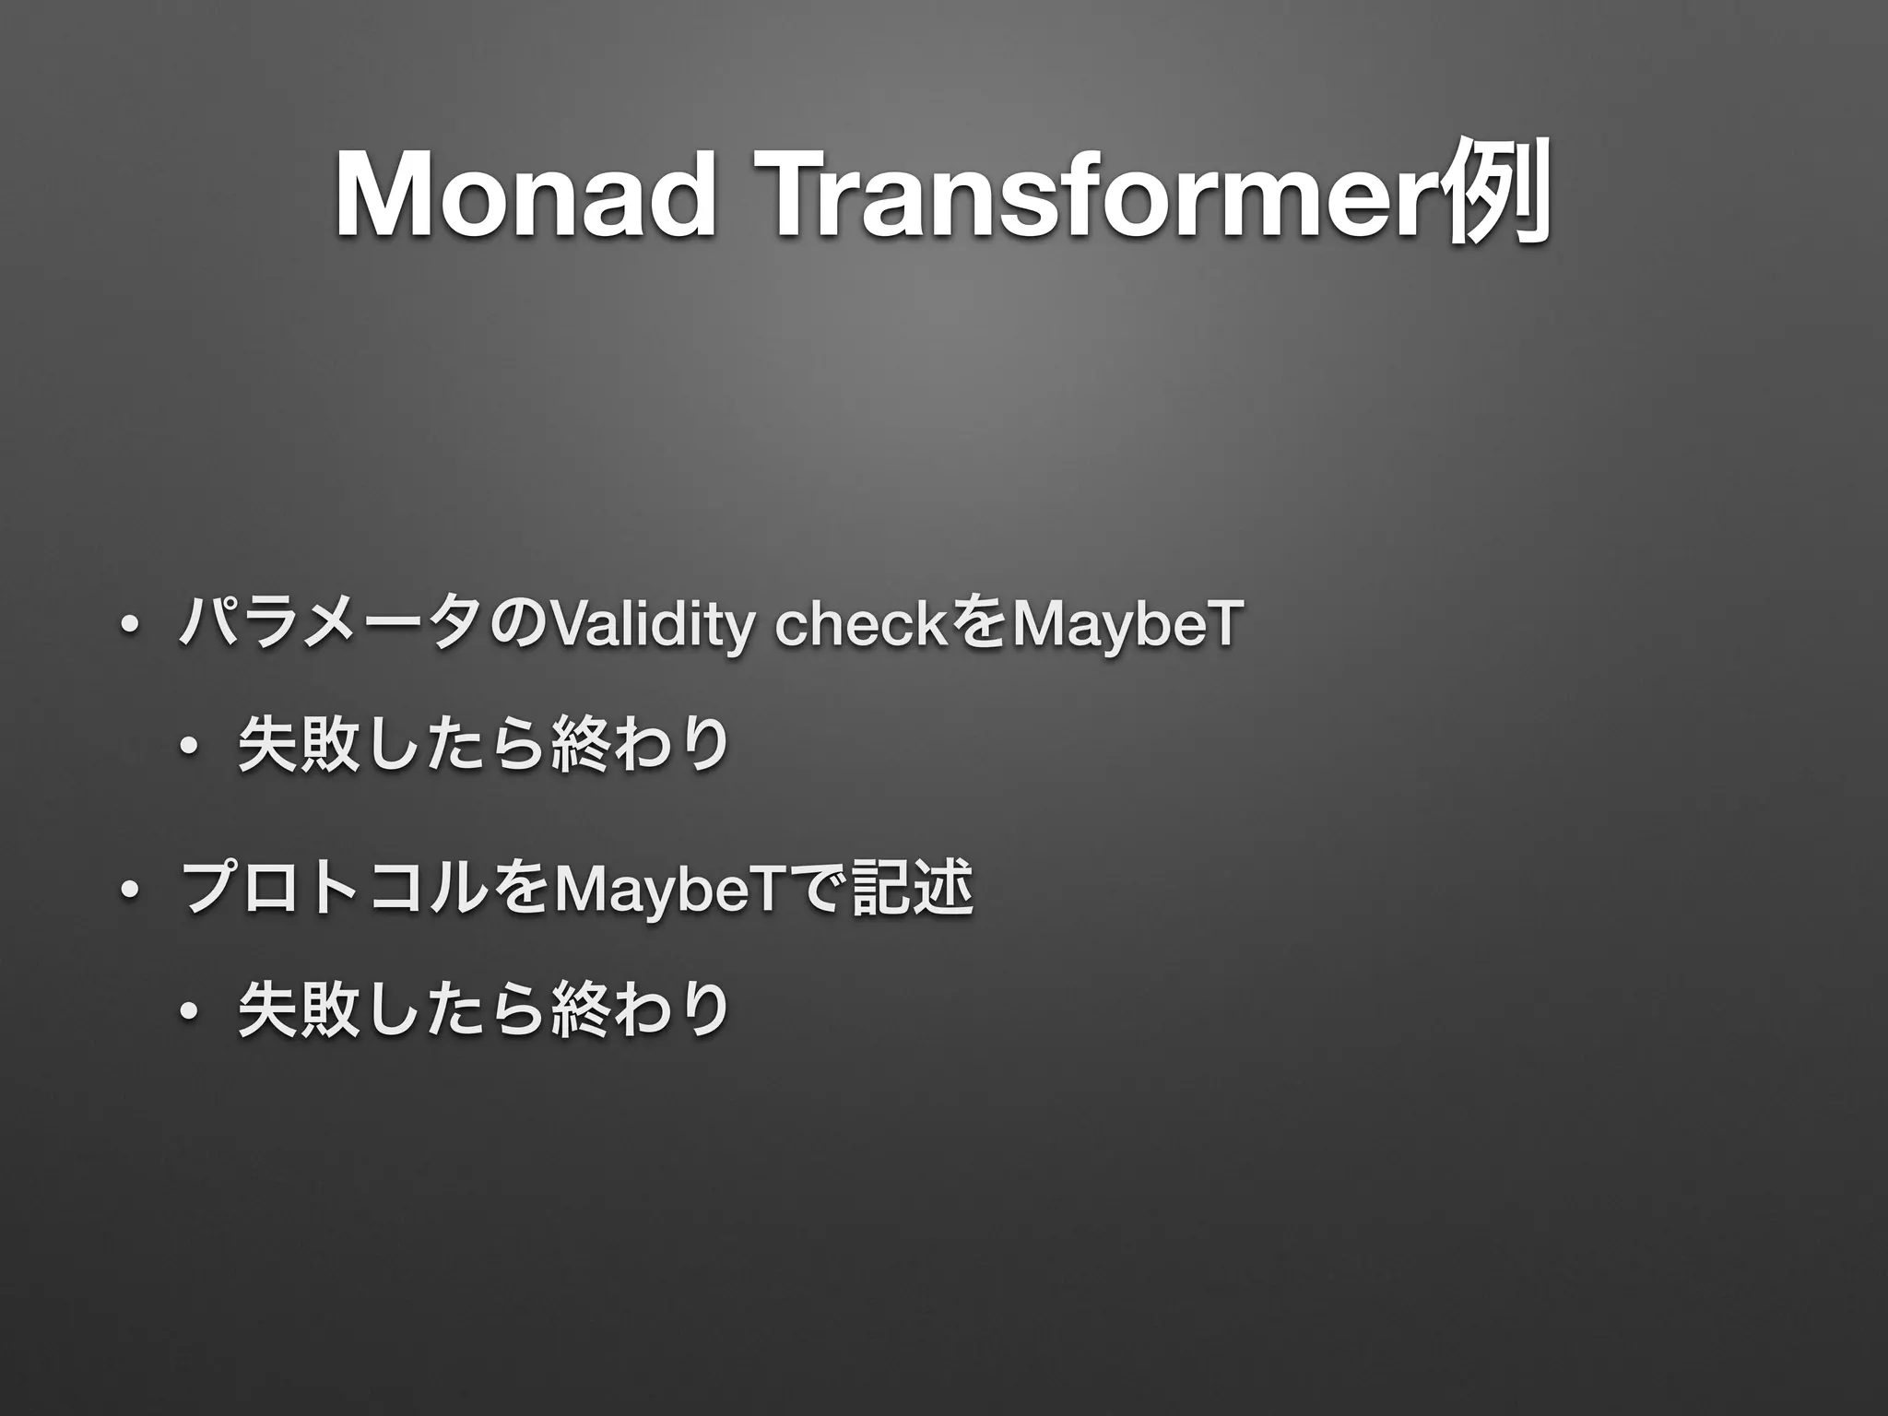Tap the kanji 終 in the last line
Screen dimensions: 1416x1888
576,1010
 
